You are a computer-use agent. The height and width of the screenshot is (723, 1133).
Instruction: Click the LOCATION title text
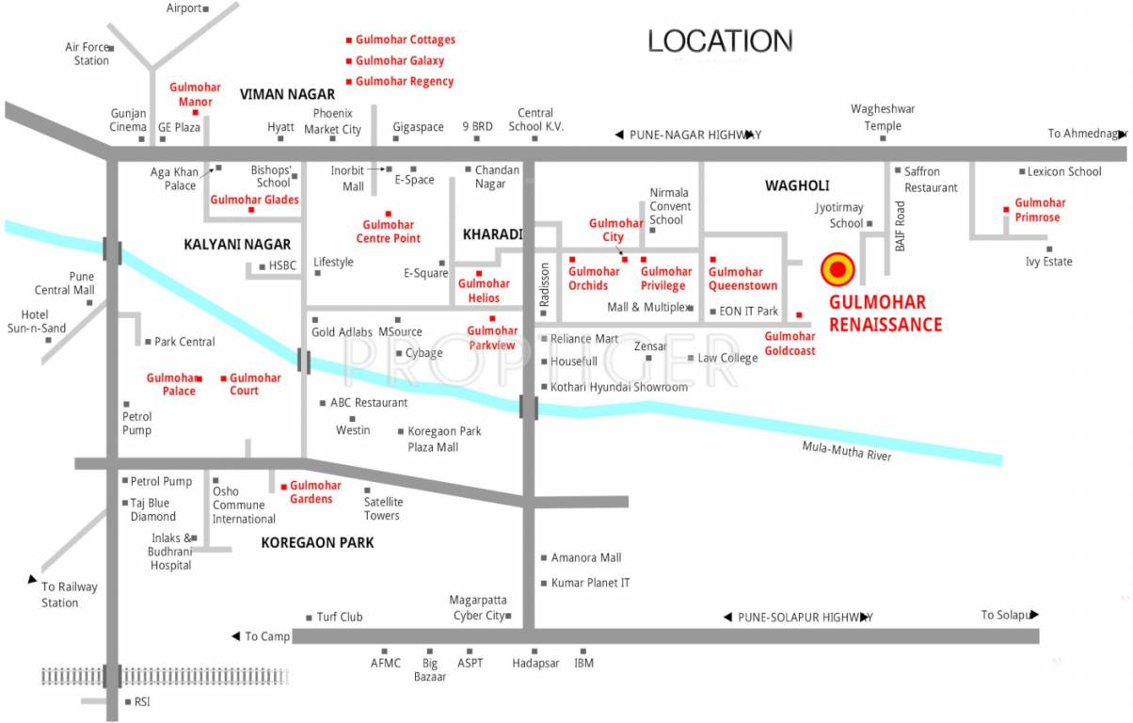(720, 41)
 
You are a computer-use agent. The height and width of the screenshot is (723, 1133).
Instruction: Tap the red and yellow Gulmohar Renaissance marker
(837, 270)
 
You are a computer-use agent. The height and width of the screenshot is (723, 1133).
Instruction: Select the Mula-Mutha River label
(846, 452)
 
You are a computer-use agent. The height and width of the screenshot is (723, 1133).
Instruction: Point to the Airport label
(184, 8)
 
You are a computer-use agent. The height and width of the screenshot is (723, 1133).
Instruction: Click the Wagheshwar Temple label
(883, 118)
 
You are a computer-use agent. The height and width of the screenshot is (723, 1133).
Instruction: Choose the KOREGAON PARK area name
(317, 542)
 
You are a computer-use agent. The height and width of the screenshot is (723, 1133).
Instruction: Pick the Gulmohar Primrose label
(1040, 210)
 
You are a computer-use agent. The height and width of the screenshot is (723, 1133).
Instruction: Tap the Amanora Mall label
(586, 557)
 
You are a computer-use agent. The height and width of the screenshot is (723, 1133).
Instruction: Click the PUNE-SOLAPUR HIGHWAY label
(805, 618)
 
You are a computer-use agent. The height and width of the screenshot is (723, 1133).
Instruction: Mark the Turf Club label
(339, 617)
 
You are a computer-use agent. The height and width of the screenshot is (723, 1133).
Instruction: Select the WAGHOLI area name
(797, 186)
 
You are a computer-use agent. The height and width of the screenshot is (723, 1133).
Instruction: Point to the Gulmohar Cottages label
(405, 40)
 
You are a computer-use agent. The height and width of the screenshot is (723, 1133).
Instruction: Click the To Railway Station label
(69, 595)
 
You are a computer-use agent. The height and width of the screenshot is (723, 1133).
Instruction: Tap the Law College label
(726, 358)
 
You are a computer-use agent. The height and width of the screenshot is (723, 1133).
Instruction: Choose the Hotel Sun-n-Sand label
(38, 321)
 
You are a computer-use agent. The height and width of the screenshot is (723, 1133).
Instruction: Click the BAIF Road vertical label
(900, 226)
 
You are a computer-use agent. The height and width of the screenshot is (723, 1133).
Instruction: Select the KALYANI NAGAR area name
(237, 244)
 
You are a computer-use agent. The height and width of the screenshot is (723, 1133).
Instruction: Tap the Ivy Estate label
(1048, 262)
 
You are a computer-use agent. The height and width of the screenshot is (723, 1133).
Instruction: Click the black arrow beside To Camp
(235, 636)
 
